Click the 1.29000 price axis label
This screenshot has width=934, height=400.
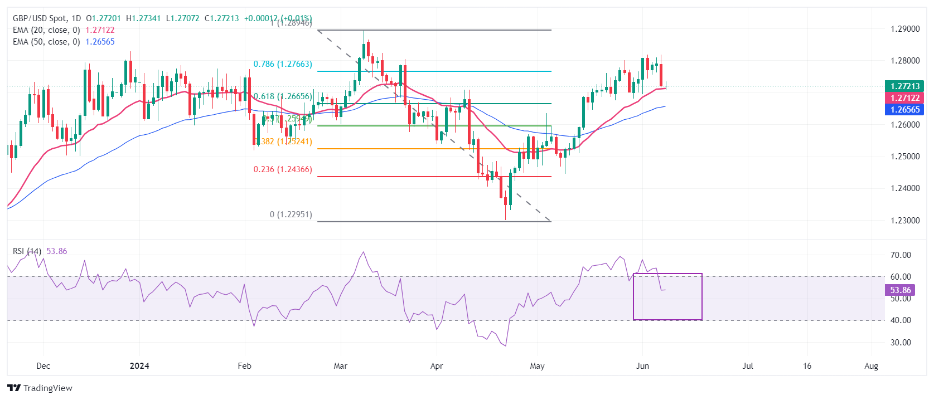click(x=905, y=29)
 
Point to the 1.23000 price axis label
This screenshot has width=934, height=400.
click(x=905, y=221)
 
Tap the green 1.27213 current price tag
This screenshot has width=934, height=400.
click(x=904, y=86)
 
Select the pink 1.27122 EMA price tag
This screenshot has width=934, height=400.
click(x=904, y=98)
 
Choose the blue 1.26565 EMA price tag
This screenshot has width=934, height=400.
click(x=904, y=110)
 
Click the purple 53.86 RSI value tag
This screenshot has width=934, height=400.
click(x=900, y=290)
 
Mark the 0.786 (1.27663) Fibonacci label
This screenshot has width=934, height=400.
click(x=283, y=64)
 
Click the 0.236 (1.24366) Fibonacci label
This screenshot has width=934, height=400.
click(x=283, y=169)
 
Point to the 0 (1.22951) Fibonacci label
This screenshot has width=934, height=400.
click(x=291, y=214)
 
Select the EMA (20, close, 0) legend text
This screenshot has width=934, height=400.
click(x=46, y=30)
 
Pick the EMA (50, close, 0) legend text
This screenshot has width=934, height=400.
click(x=46, y=42)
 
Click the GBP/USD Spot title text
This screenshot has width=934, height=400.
click(x=39, y=18)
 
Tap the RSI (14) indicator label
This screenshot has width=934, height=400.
click(x=27, y=251)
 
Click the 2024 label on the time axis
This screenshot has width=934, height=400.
click(x=139, y=366)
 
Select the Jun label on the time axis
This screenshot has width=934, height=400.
click(x=642, y=366)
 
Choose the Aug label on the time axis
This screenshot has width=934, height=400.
click(x=871, y=366)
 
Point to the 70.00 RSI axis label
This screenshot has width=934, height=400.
click(x=901, y=255)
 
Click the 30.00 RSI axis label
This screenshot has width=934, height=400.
click(x=901, y=343)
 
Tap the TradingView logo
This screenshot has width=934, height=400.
click(x=40, y=388)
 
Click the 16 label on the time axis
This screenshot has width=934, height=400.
click(x=807, y=366)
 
